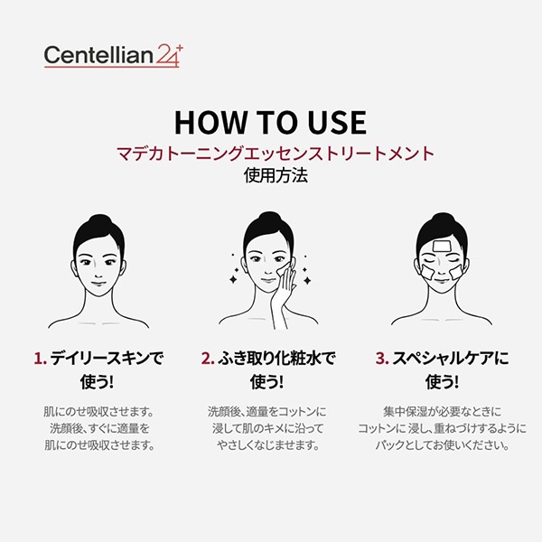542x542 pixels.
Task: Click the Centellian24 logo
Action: (113, 55)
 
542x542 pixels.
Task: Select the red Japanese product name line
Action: (276, 154)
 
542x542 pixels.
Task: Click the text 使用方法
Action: (276, 175)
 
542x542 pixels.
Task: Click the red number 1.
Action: (40, 359)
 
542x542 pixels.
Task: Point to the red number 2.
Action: (208, 359)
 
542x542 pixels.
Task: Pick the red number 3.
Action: (382, 359)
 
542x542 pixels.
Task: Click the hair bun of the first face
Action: (99, 220)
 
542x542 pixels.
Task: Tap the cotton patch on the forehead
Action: (441, 247)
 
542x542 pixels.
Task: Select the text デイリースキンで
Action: (107, 359)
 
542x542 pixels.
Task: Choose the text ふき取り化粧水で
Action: (276, 359)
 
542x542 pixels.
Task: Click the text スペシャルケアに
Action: (451, 359)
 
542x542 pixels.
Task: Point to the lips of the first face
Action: (98, 285)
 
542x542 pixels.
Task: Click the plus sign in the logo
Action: (180, 49)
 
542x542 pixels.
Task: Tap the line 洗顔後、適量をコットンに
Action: (266, 412)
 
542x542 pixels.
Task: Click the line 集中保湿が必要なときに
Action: (442, 412)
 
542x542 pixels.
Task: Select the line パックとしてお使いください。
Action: (442, 445)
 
